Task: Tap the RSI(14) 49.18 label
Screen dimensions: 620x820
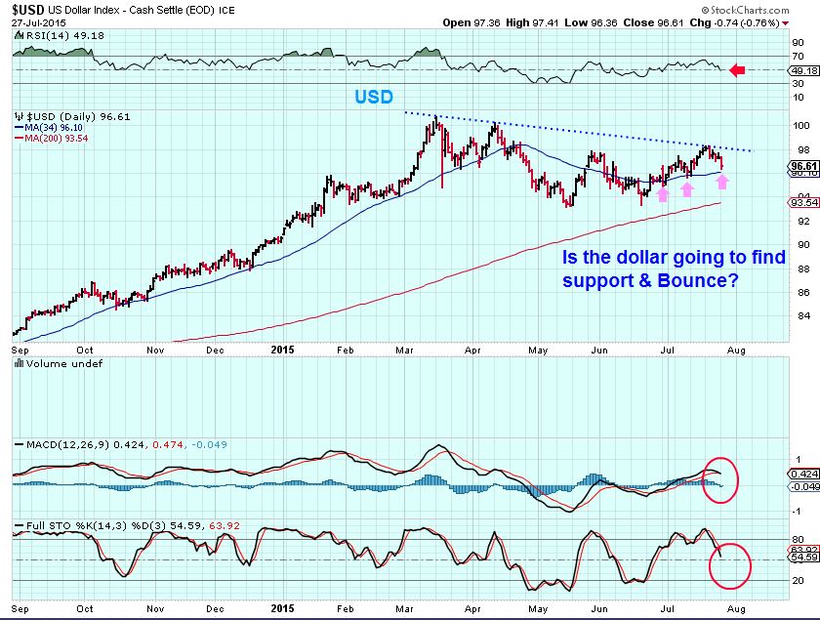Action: (51, 35)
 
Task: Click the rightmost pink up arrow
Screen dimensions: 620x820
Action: (722, 181)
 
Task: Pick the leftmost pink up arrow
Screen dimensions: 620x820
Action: (662, 193)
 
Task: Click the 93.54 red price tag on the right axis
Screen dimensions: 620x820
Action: (801, 203)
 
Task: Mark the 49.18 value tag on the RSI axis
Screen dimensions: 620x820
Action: (802, 70)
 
